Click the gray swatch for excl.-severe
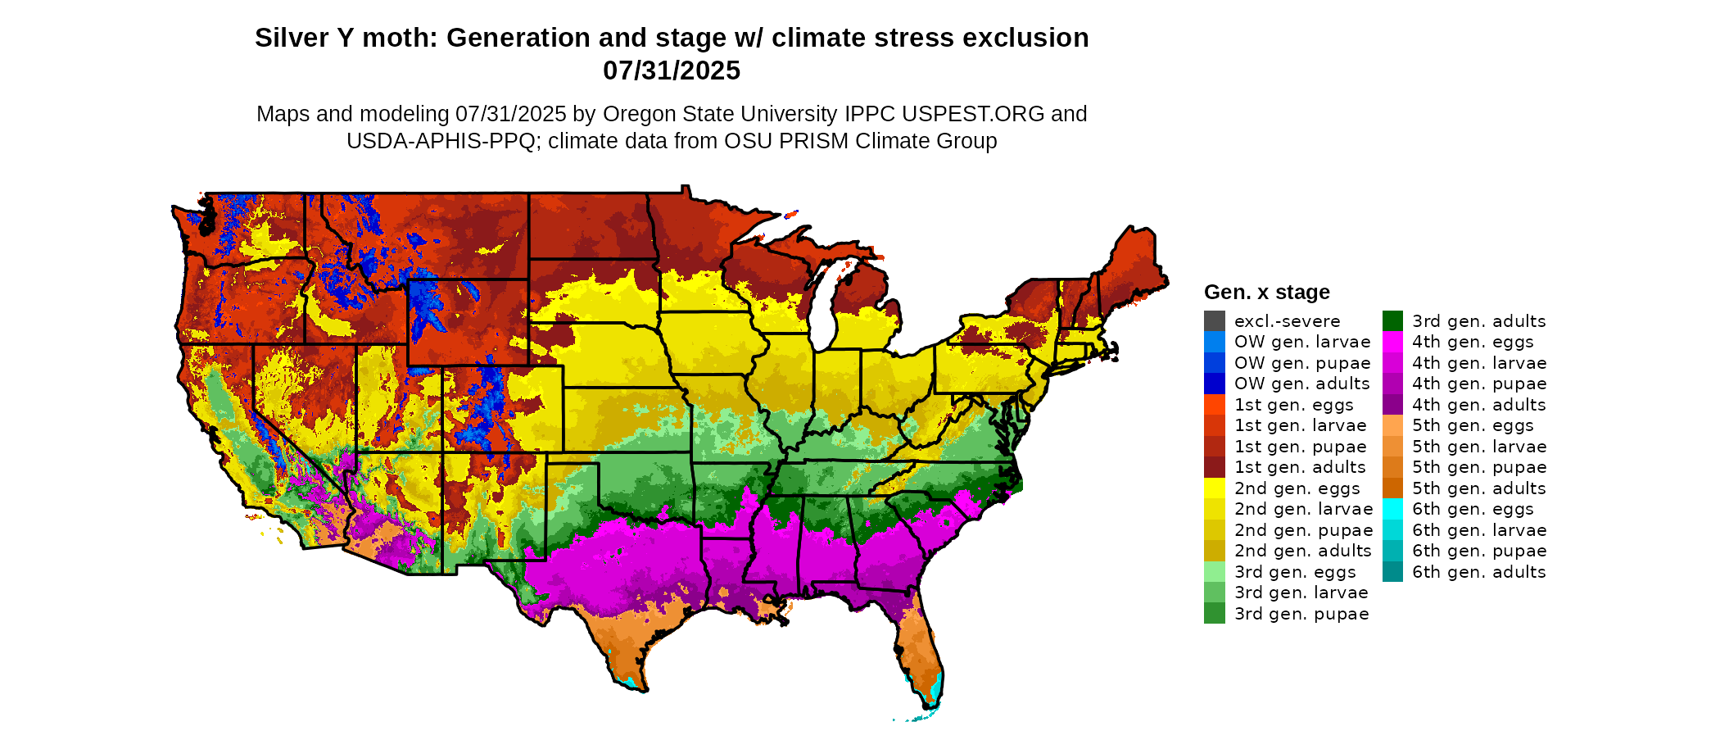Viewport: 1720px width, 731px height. [1214, 321]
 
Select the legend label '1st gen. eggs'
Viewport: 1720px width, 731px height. [1293, 405]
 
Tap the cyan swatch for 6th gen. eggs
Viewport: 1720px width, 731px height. [1392, 509]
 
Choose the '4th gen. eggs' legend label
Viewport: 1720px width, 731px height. [1472, 342]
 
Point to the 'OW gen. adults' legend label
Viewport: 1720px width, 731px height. [1301, 384]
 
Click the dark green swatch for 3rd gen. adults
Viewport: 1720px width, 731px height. [1392, 321]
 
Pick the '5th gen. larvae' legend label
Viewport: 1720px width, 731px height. [1478, 447]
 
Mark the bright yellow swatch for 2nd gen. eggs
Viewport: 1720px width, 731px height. [1214, 488]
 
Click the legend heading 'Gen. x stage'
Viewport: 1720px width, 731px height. [1266, 293]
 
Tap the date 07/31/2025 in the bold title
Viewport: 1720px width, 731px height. [671, 71]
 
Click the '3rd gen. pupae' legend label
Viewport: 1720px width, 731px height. [1301, 614]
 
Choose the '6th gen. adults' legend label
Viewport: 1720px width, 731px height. [1478, 572]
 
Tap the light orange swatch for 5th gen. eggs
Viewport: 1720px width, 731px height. [1392, 425]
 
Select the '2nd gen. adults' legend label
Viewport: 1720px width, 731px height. [1302, 551]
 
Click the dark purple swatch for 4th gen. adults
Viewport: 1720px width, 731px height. [1392, 405]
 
